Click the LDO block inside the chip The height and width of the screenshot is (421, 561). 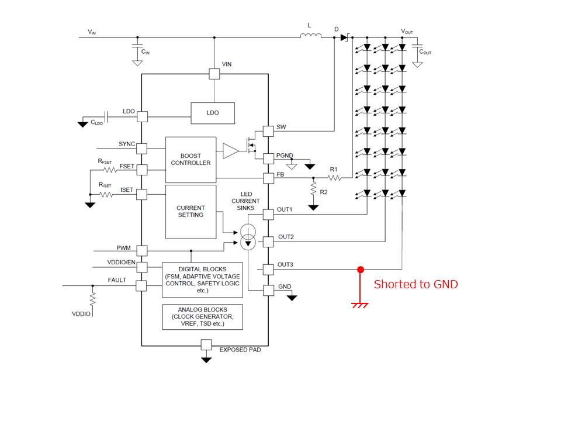[x=213, y=113]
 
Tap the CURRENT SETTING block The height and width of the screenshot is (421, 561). [x=191, y=212]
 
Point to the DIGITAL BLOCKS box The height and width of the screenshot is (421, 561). [x=202, y=279]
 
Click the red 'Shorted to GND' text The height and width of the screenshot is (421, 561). [x=415, y=285]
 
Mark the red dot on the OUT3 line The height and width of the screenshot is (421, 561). [x=361, y=270]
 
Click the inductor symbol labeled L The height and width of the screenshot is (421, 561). [x=311, y=37]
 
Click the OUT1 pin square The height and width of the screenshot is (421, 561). [x=268, y=214]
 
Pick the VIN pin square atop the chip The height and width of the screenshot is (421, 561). [x=214, y=74]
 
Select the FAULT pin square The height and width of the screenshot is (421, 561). [x=141, y=286]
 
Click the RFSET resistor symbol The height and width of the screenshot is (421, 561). [x=109, y=170]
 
